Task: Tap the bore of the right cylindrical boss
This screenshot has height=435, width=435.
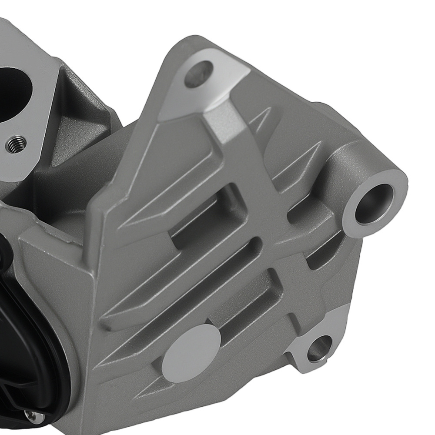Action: (x=373, y=203)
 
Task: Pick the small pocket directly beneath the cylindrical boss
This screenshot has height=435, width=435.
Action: (x=320, y=257)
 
